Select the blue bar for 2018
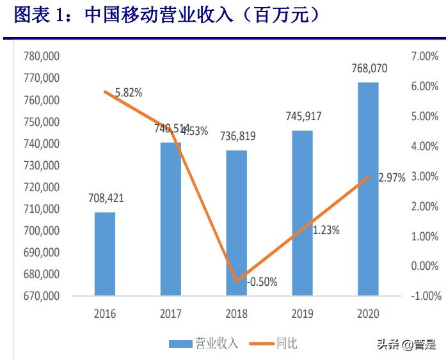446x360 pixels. [x=236, y=223]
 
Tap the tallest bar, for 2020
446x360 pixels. [x=368, y=189]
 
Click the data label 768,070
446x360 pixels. [x=369, y=68]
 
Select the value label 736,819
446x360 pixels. [x=236, y=136]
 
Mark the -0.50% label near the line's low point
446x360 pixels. [x=262, y=282]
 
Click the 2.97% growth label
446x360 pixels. [x=392, y=178]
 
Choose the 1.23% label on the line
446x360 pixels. [x=326, y=230]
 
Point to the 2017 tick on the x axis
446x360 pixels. [x=171, y=314]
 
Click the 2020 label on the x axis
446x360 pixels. [x=368, y=314]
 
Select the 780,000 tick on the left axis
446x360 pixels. [x=42, y=56]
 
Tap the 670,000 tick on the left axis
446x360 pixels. [x=42, y=296]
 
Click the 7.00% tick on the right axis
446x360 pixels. [x=425, y=56]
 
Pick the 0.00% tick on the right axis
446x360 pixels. [x=425, y=266]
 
